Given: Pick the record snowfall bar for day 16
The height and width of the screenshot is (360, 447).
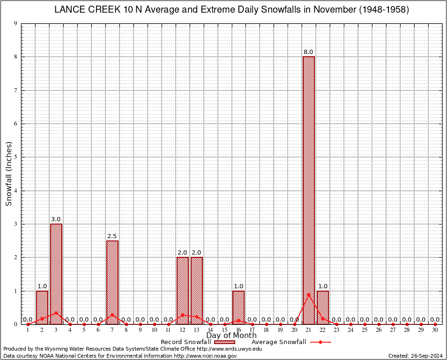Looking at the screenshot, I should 238,307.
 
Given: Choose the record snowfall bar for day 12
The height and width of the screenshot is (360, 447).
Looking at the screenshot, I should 183,291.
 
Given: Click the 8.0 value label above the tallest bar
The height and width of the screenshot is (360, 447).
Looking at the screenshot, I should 308,52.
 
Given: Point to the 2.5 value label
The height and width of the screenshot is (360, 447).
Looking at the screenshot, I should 112,236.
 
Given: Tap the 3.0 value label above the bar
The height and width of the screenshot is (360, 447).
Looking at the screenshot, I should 56,219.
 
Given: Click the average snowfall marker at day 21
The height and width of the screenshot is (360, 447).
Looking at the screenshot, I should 309,294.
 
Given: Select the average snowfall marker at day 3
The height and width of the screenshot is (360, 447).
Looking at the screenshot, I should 56,313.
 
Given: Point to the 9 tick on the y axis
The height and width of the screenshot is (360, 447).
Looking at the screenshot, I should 16,23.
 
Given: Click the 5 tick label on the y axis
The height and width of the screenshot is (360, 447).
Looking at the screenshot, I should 16,157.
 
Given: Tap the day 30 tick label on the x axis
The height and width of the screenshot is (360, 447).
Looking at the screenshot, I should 435,330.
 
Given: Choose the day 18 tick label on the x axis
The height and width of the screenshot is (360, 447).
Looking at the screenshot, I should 267,330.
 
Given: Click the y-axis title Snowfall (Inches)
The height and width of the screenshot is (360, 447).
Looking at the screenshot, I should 9,174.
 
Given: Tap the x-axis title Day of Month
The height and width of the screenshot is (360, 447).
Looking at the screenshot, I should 231,336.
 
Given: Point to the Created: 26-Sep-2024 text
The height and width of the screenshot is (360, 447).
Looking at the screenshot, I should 416,356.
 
